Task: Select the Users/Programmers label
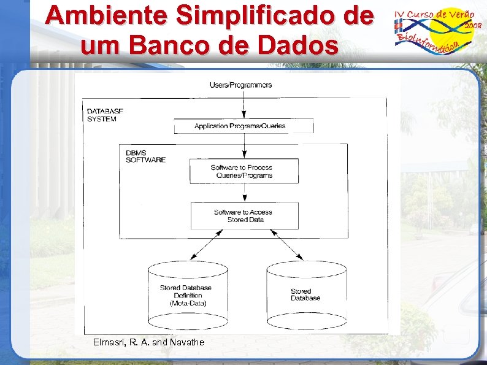[x=241, y=85]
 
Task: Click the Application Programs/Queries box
[x=243, y=126]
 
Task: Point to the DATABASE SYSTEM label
[x=105, y=115]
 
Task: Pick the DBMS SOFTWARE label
[x=145, y=156]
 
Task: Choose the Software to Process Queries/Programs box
[x=244, y=171]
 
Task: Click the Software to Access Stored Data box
[x=244, y=216]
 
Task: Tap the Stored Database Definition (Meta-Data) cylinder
[x=188, y=294]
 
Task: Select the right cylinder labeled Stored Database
[x=305, y=294]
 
